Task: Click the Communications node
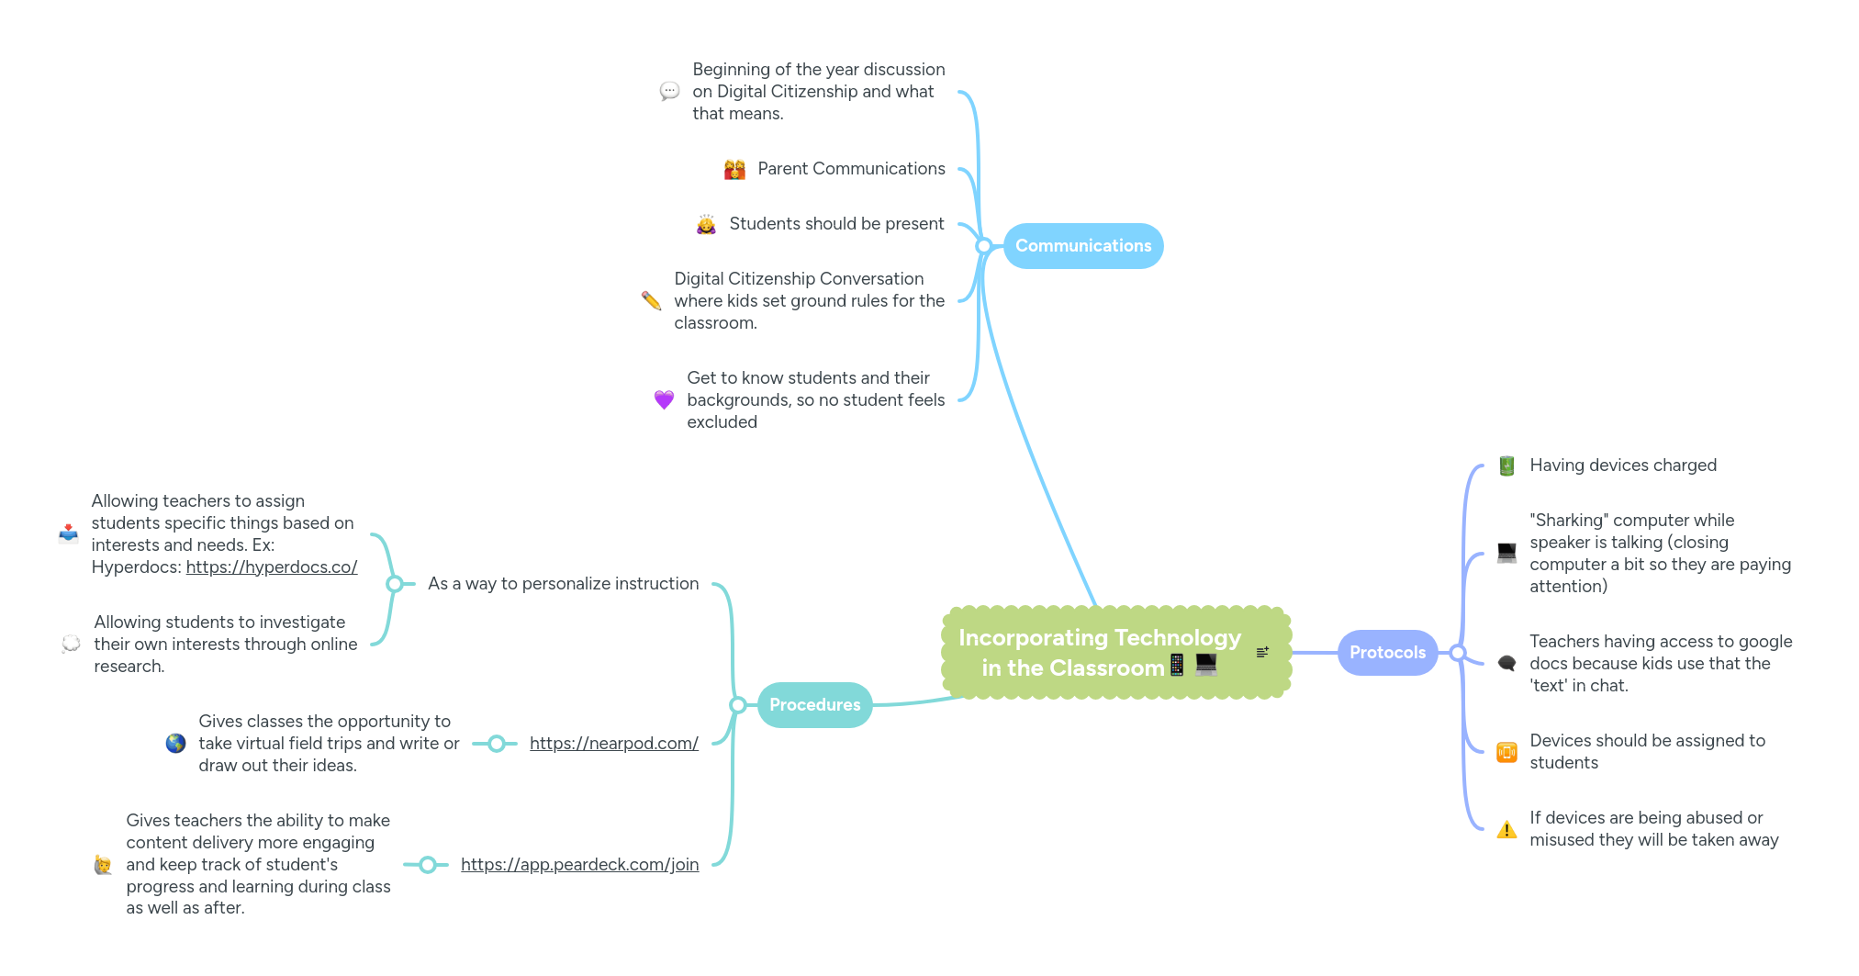[1083, 246]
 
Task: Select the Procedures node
[814, 705]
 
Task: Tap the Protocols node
[1387, 653]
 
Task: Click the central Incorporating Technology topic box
[1098, 652]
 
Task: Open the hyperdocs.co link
[272, 567]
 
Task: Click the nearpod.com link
[614, 744]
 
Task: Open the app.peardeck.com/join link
[579, 865]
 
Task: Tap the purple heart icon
[664, 399]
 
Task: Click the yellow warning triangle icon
[1506, 830]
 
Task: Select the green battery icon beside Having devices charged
[1506, 466]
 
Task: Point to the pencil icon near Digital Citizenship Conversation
[651, 300]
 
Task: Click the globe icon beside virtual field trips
[175, 744]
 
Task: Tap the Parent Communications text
[851, 169]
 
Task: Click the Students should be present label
[836, 224]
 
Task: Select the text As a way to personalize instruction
[563, 584]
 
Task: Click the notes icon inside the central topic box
[1262, 652]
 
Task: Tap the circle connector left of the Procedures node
[737, 705]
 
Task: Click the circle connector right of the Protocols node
[1457, 653]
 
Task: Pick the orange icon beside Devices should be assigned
[1506, 753]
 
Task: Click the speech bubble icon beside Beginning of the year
[669, 91]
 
